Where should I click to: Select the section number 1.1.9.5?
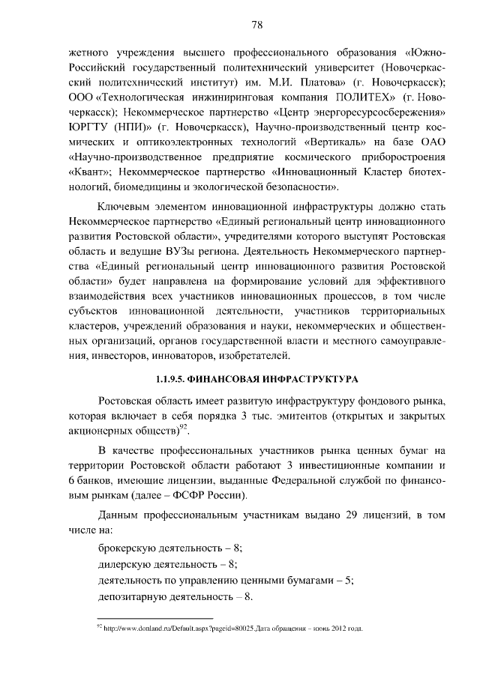(173, 379)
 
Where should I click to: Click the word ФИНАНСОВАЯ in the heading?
(231, 379)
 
